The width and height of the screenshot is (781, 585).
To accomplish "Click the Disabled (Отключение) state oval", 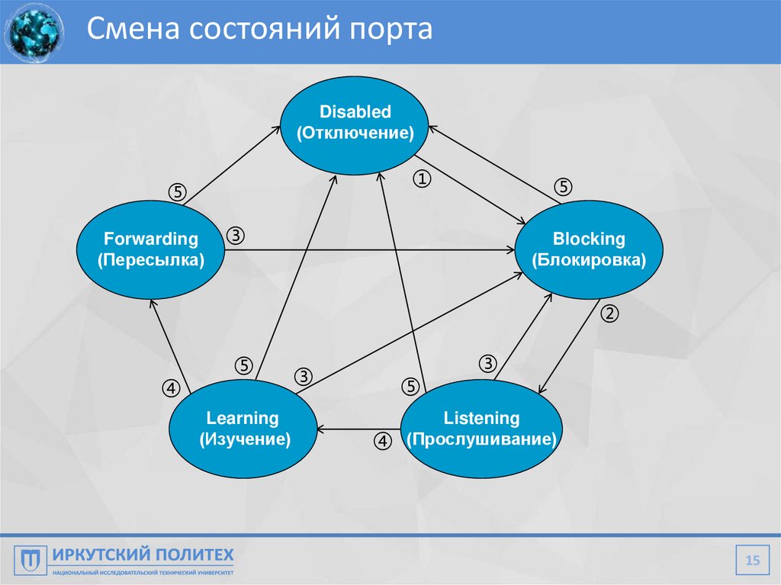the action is (x=355, y=124).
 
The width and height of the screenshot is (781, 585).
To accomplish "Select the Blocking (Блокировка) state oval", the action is (x=589, y=249).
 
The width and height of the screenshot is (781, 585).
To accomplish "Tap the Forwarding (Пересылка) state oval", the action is (x=150, y=249).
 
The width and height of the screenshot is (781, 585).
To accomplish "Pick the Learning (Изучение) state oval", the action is (x=243, y=429).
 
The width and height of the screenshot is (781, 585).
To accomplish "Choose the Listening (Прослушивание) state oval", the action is (x=481, y=429).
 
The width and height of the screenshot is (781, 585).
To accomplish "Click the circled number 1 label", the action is (x=422, y=179).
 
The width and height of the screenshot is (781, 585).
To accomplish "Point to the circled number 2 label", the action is (x=609, y=313).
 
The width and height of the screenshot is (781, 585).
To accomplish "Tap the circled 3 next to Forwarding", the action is (x=235, y=236).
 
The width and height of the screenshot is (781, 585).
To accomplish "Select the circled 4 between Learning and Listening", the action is (x=383, y=441).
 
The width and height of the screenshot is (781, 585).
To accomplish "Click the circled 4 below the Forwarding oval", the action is (x=170, y=388).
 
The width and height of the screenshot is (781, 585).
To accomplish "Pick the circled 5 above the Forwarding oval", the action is (x=177, y=191).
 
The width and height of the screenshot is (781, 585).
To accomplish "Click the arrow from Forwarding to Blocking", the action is (x=366, y=249).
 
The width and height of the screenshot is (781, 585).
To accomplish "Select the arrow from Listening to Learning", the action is (x=358, y=429).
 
